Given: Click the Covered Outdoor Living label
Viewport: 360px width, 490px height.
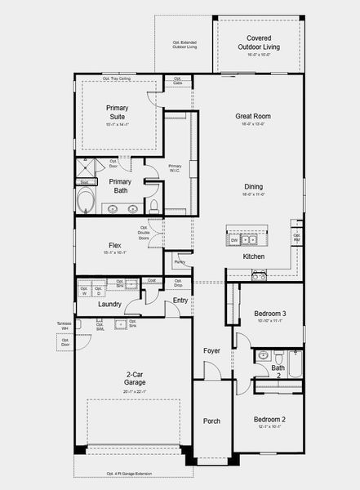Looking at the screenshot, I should [259, 42].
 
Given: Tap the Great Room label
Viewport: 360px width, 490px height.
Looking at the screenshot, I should [253, 116].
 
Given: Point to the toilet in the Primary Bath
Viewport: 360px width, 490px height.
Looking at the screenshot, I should [153, 204].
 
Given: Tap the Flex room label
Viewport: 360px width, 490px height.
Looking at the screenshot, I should [115, 245].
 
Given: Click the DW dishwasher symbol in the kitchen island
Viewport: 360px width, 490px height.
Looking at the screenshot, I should [233, 240].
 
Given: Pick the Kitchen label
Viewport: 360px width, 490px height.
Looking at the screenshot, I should [253, 256].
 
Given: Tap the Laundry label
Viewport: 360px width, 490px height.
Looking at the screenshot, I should [109, 305].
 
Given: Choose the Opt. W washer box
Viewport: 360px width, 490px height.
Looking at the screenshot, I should [84, 290].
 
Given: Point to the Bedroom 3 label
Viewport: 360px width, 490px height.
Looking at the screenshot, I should [269, 314].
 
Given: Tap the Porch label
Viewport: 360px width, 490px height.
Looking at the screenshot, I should [211, 421].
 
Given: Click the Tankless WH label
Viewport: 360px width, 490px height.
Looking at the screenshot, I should [64, 327].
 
